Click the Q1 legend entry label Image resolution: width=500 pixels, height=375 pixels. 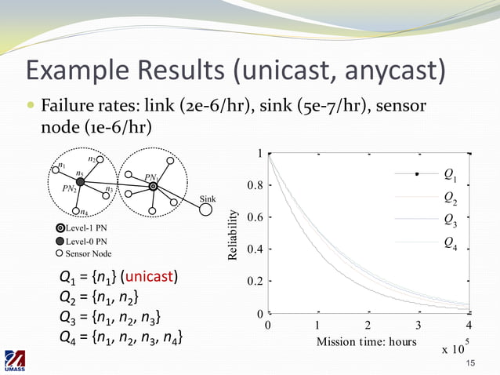tap(451, 173)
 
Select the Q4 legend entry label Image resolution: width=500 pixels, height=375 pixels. tap(451, 242)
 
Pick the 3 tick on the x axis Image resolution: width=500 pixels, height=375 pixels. tap(418, 325)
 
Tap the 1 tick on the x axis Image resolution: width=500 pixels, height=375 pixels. tap(318, 325)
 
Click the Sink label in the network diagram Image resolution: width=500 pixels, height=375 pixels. tap(208, 198)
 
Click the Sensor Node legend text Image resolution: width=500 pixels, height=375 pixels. tap(88, 253)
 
